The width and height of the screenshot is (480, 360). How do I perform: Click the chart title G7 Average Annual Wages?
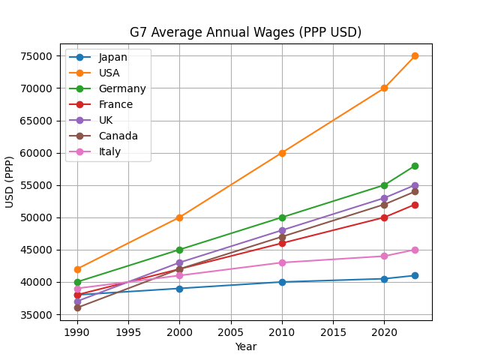tap(245, 32)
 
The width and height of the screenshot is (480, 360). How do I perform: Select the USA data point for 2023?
tap(415, 56)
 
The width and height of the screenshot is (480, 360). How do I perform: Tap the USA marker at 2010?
tap(282, 153)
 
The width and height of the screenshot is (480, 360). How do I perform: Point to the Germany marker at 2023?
tap(415, 166)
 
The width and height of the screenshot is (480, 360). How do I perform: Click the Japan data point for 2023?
tap(415, 275)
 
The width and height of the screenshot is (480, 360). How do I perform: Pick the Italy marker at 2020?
tap(384, 256)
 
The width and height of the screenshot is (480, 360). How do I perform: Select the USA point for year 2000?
tap(179, 217)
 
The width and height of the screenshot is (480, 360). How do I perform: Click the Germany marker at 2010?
tap(282, 217)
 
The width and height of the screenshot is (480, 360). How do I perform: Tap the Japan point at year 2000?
tap(179, 289)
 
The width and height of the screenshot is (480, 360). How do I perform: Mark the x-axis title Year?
tap(245, 346)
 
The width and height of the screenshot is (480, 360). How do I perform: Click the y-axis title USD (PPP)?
tap(10, 182)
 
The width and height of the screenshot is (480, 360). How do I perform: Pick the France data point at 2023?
tap(415, 205)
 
